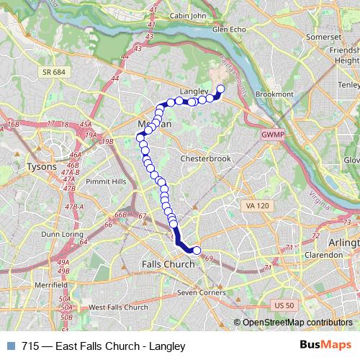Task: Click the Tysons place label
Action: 40,166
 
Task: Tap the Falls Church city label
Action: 170,264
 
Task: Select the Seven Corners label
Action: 203,292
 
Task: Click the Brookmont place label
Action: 274,94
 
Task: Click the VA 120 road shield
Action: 257,206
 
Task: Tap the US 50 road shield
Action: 284,306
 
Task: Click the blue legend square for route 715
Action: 9,346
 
